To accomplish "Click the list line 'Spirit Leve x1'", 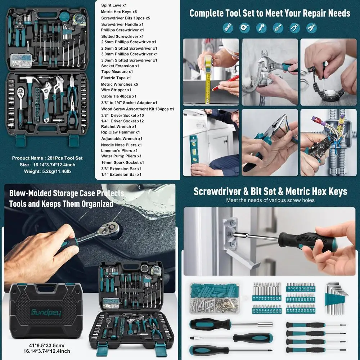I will point(114,5).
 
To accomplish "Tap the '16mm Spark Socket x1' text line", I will point(122,162).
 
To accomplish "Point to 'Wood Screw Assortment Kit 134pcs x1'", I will point(138,109).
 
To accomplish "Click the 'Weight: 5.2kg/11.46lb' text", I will point(47,171).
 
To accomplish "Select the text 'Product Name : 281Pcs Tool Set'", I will point(47,158).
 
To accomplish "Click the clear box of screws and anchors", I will point(215,298).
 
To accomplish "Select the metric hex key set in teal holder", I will point(336,297).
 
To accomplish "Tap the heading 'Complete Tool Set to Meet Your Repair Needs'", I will point(270,13).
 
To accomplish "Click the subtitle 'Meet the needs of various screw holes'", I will point(270,200).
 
